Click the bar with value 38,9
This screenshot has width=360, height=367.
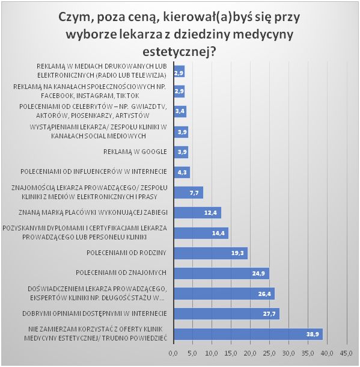pos(248,334)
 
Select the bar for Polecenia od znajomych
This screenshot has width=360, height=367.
pos(222,273)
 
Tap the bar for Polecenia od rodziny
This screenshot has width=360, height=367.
pos(211,253)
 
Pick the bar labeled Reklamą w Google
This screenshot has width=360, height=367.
pos(181,152)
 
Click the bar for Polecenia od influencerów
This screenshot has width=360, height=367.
pos(182,173)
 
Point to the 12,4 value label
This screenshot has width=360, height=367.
pos(210,213)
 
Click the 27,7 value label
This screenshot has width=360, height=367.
pos(269,314)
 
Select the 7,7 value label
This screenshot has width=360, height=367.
pos(194,193)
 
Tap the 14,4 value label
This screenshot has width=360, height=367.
pos(218,233)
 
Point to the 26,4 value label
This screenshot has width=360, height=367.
pos(264,294)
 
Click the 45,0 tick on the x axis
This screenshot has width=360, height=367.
pos(346,353)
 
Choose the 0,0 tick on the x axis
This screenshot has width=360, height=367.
pos(173,353)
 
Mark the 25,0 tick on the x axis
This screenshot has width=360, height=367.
pos(269,353)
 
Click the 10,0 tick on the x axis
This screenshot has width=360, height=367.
pos(212,353)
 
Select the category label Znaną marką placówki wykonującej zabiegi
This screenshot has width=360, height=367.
pos(93,212)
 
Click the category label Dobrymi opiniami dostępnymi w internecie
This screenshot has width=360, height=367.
pos(95,313)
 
